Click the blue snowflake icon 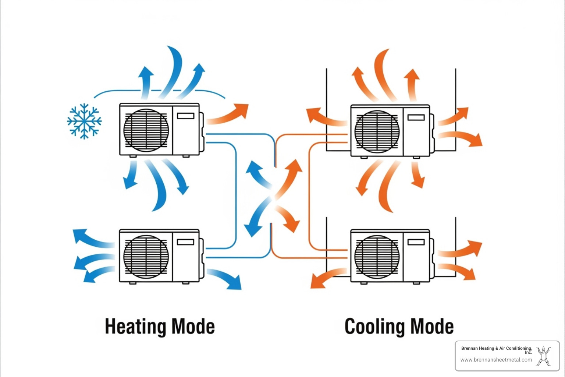pyautogui.click(x=84, y=121)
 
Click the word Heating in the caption pyautogui.click(x=135, y=327)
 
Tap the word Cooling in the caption pyautogui.click(x=374, y=327)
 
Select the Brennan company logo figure pyautogui.click(x=543, y=356)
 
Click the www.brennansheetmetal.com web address pyautogui.click(x=496, y=360)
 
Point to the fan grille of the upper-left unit pyautogui.click(x=146, y=130)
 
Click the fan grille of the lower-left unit pyautogui.click(x=146, y=256)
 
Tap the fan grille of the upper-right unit pyautogui.click(x=377, y=131)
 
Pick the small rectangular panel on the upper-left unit pyautogui.click(x=185, y=116)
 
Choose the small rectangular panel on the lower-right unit pyautogui.click(x=416, y=242)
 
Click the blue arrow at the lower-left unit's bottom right pyautogui.click(x=225, y=279)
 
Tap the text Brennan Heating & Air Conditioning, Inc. pyautogui.click(x=497, y=350)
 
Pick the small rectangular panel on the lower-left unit pyautogui.click(x=185, y=242)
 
